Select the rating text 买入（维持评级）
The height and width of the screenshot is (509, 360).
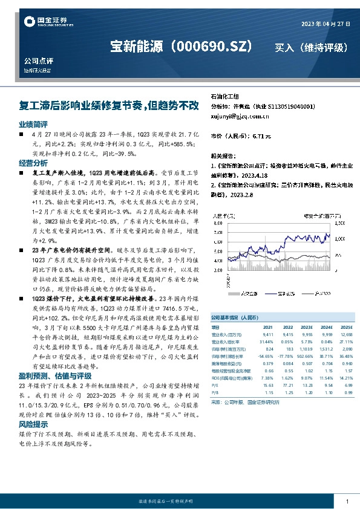pos(311,47)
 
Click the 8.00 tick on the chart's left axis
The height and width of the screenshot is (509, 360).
pos(218,222)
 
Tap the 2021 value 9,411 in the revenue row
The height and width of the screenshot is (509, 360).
pos(269,334)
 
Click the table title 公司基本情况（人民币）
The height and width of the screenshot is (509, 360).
pos(234,317)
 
